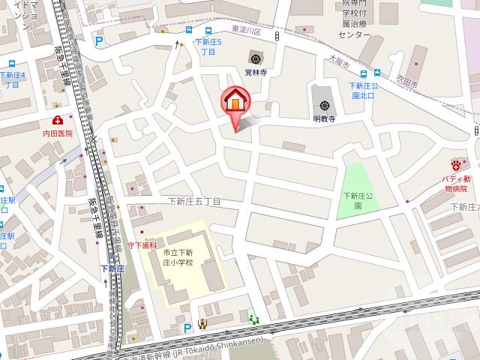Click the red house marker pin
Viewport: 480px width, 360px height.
[233, 102]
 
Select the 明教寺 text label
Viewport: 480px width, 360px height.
[323, 118]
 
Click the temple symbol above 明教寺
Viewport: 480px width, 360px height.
[323, 106]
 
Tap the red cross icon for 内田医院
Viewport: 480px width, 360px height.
[58, 120]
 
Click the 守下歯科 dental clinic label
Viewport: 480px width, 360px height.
[142, 245]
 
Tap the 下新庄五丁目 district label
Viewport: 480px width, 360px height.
[194, 202]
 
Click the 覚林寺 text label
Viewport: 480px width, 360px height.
[256, 72]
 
